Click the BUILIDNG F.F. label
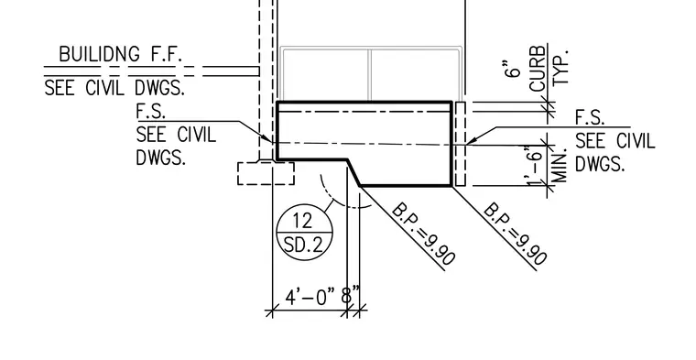[x=120, y=54]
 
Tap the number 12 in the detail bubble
[x=303, y=220]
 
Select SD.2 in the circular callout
[x=304, y=244]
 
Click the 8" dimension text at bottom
[x=350, y=295]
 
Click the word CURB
[x=537, y=68]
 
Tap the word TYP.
[x=560, y=67]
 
